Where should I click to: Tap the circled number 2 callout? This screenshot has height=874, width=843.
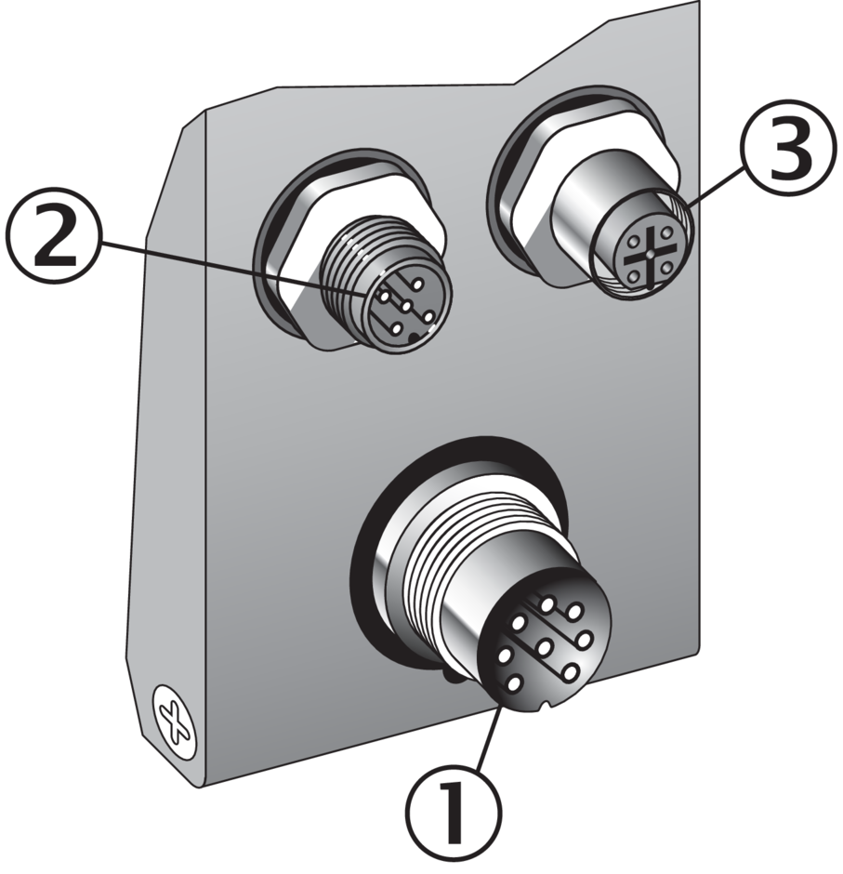click(x=55, y=241)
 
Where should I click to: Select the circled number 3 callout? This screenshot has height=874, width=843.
click(x=789, y=147)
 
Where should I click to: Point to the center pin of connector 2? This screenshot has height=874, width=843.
click(x=405, y=305)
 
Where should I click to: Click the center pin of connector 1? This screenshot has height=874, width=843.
click(x=544, y=646)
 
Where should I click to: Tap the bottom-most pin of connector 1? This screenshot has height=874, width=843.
click(x=514, y=682)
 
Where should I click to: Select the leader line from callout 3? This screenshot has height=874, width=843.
click(x=713, y=187)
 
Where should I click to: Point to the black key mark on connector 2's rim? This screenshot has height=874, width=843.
click(x=415, y=338)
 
